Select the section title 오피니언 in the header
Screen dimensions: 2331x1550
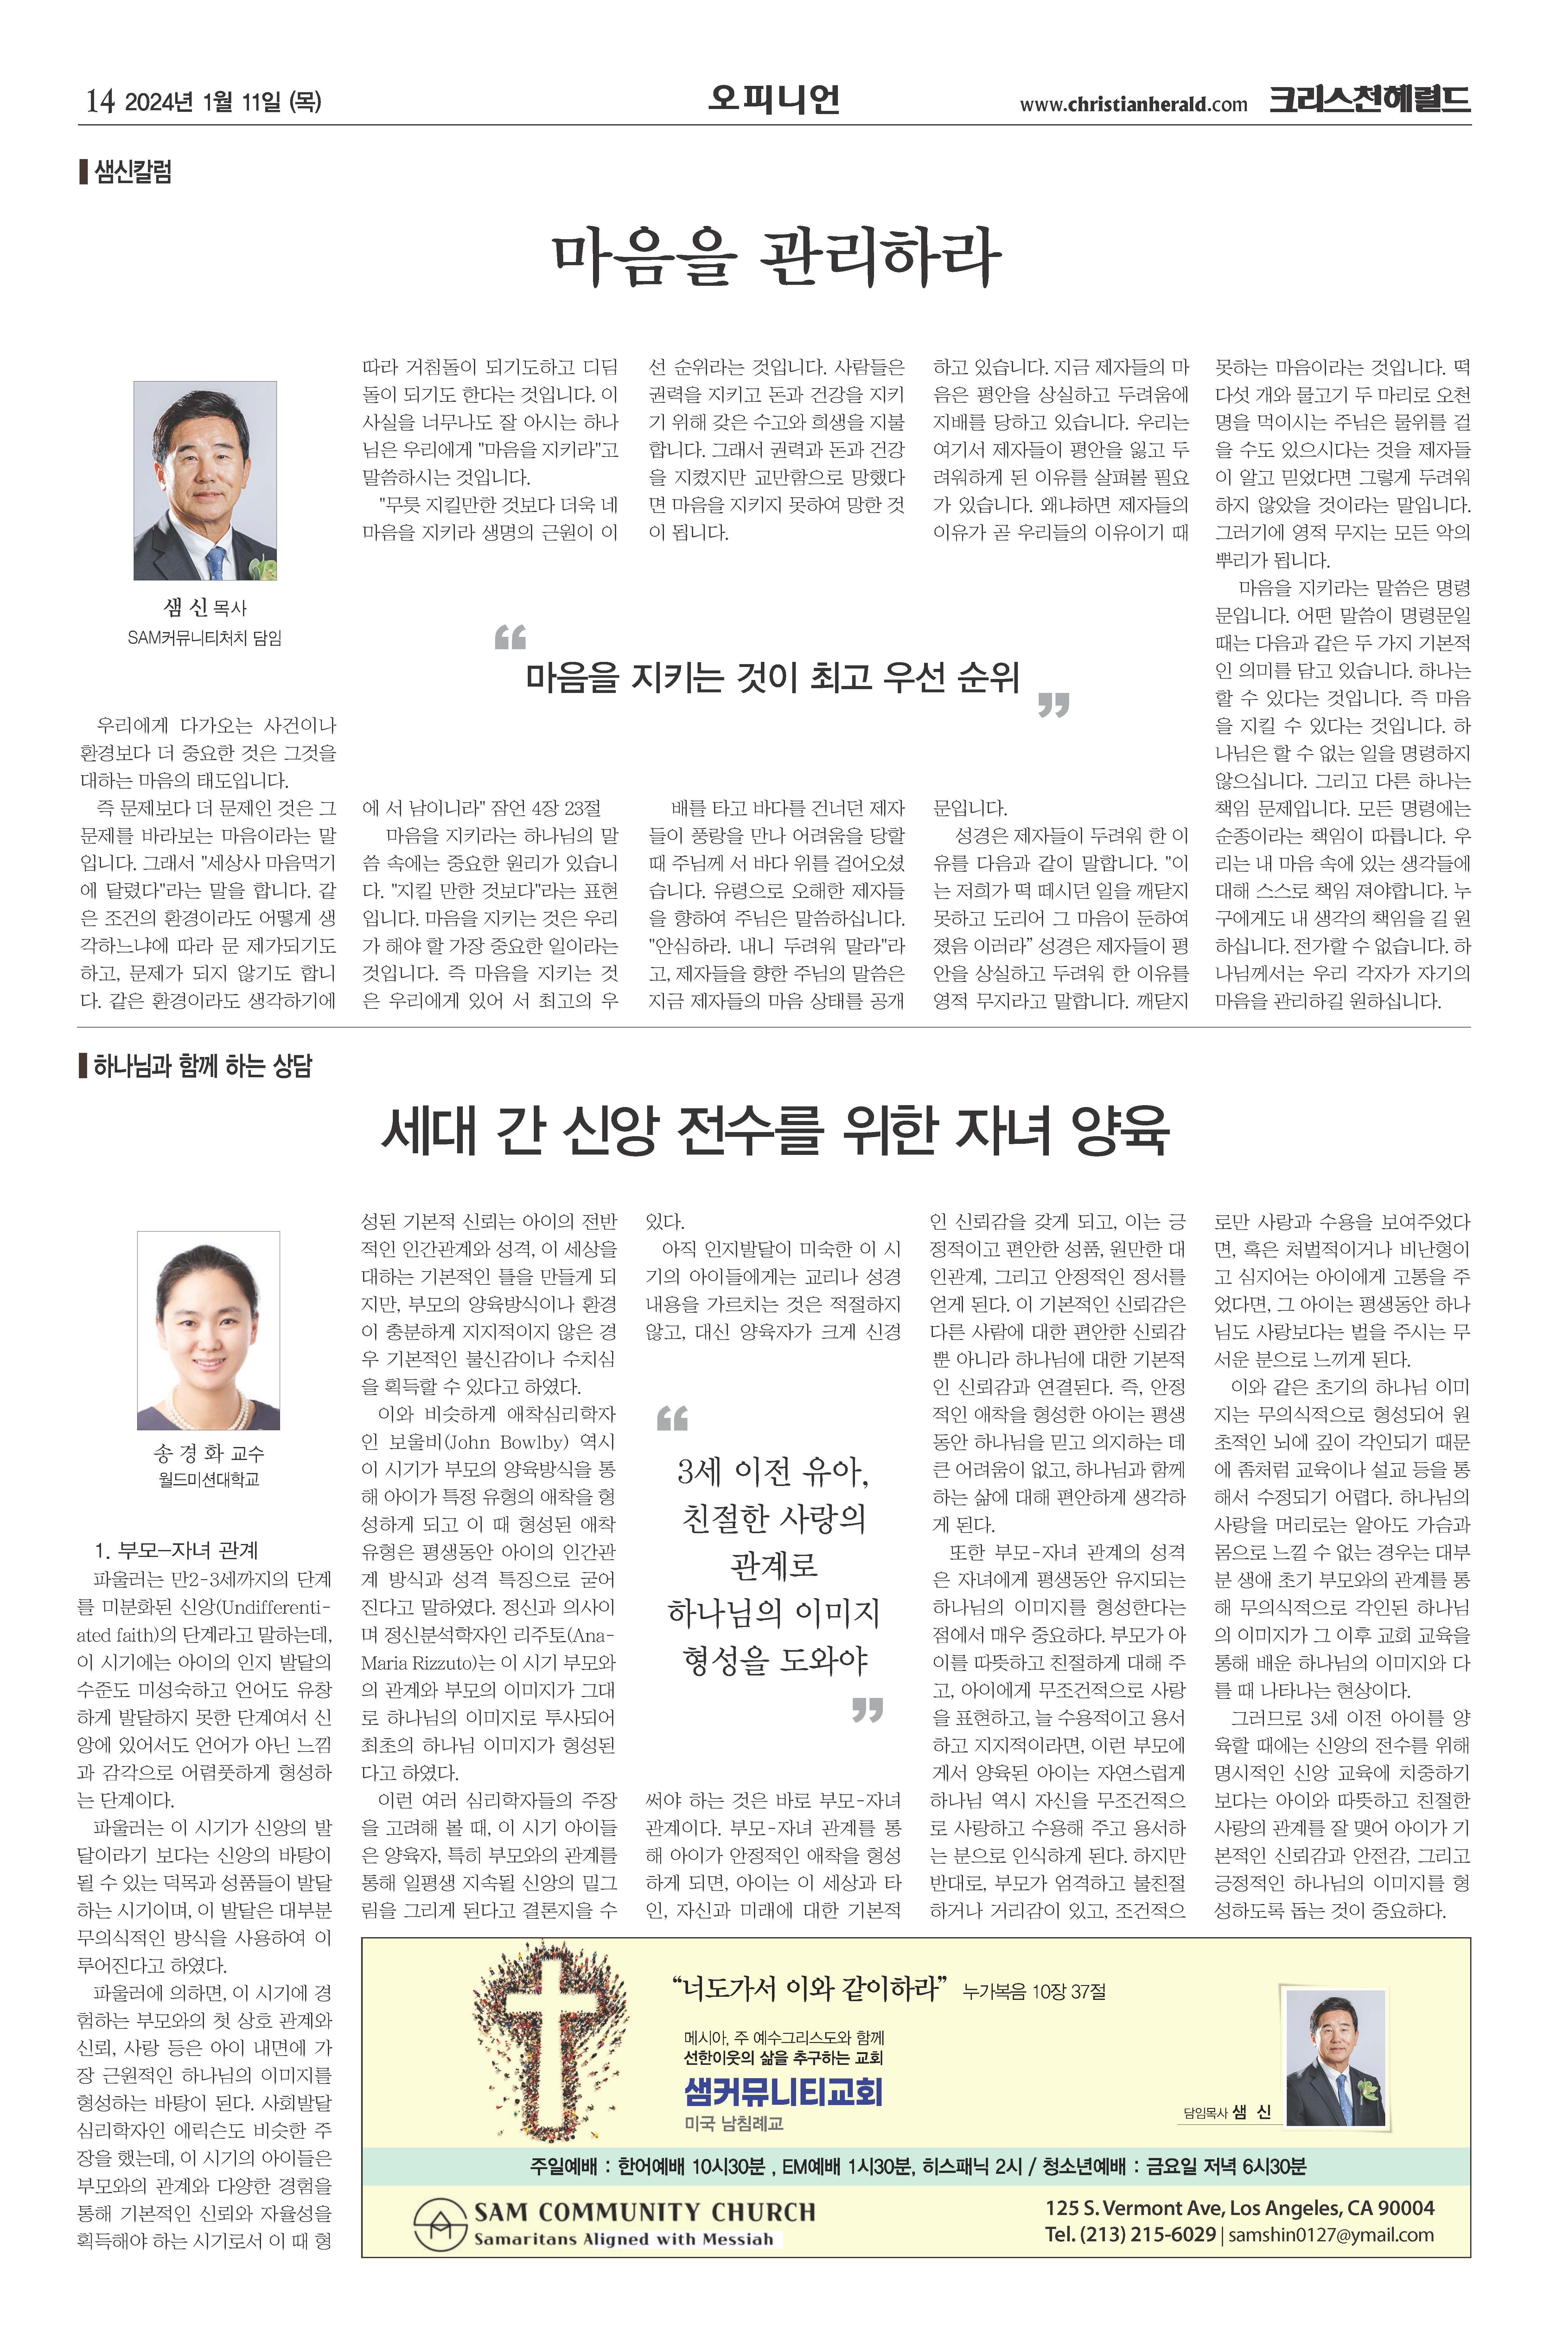click(x=774, y=99)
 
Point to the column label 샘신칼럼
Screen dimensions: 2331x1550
click(x=133, y=172)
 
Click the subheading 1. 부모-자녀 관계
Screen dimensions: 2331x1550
click(x=176, y=1549)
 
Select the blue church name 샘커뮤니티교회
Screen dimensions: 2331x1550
click(x=783, y=2092)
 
